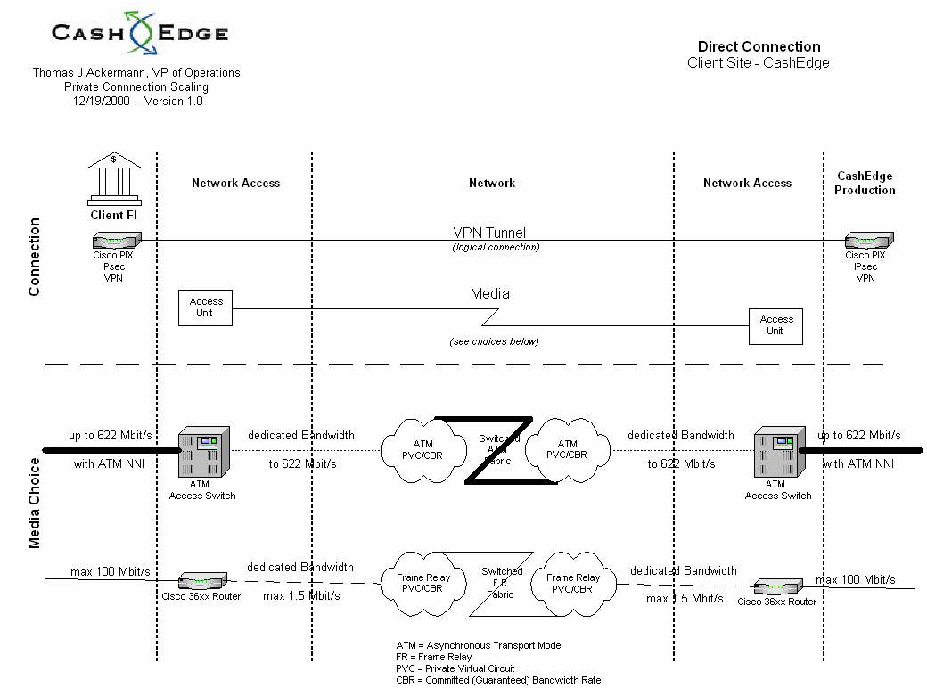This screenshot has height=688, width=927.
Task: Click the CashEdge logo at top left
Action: [x=140, y=34]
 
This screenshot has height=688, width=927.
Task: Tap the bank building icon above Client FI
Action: [x=114, y=177]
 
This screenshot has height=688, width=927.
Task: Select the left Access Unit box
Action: [x=206, y=307]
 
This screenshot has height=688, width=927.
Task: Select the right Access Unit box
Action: [x=775, y=325]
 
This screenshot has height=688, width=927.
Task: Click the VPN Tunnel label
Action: [x=488, y=233]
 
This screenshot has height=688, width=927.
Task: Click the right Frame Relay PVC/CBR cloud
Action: [x=573, y=584]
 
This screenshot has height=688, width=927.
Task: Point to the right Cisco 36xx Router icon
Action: [x=776, y=586]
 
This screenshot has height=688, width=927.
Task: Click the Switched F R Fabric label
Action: [x=502, y=583]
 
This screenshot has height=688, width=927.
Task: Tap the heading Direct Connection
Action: [x=759, y=46]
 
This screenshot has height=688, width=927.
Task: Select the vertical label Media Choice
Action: [x=35, y=504]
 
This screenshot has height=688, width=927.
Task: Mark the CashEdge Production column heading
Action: [x=865, y=183]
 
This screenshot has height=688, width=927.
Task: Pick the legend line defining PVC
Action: [x=455, y=668]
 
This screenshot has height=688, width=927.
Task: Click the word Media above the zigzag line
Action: [x=489, y=293]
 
